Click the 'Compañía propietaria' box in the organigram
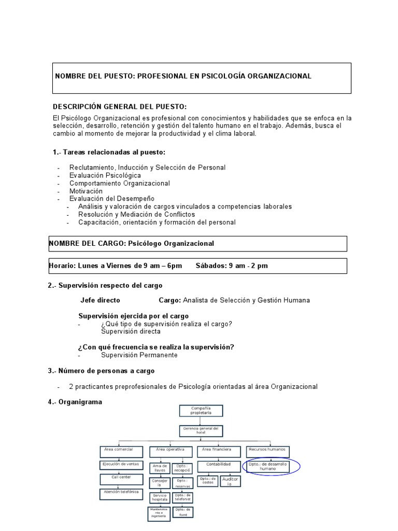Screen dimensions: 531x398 [201, 411]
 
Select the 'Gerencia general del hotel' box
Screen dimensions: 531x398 [201, 431]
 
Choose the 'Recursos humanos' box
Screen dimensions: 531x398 [268, 450]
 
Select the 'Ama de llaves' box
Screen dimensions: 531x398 [159, 468]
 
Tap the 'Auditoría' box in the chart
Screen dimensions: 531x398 [230, 481]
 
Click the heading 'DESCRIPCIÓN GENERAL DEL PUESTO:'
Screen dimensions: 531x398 [120, 106]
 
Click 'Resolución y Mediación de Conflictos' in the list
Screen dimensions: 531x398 [136, 214]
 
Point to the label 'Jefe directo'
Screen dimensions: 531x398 [100, 300]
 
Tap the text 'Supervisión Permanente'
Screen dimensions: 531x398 [139, 355]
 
